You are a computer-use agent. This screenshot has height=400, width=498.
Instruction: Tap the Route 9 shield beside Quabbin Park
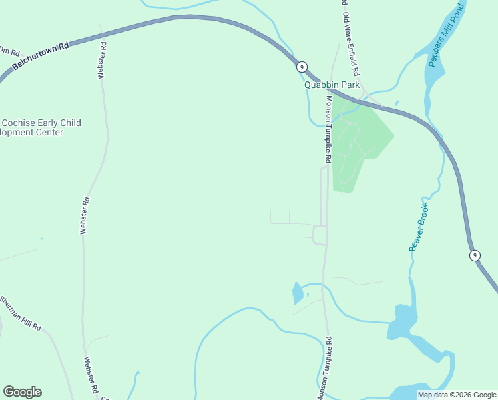click(302, 67)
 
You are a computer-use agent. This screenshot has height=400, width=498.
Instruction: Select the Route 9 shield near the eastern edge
click(474, 255)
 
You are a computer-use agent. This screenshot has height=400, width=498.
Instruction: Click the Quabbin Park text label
click(332, 85)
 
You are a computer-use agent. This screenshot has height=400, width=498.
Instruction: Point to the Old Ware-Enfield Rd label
click(351, 43)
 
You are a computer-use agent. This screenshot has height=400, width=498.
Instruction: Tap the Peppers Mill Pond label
click(446, 37)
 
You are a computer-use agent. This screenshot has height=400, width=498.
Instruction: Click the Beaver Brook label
click(419, 227)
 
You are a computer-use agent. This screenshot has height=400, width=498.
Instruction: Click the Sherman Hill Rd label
click(20, 313)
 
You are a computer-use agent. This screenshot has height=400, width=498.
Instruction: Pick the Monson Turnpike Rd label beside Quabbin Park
click(328, 131)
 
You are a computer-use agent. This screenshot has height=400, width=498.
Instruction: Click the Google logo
click(22, 392)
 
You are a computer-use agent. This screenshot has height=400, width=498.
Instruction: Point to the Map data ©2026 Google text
click(457, 395)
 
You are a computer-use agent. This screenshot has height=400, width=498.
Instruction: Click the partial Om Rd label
click(10, 51)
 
